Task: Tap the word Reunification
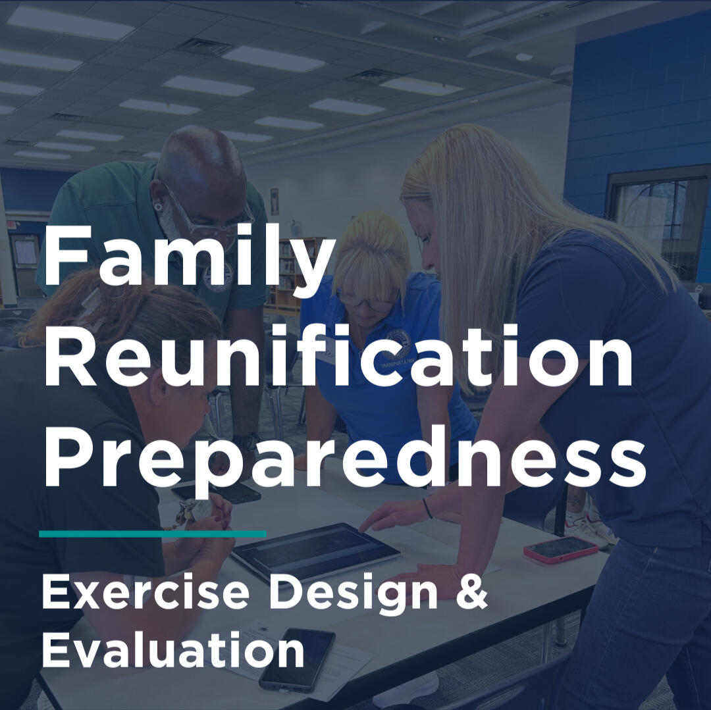[x=338, y=355]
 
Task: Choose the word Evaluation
[x=172, y=649]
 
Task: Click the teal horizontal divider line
[x=153, y=534]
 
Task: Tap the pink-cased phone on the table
[x=560, y=549]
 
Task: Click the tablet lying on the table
[x=315, y=551]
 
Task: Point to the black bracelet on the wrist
[x=427, y=508]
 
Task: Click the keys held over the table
[x=185, y=513]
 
